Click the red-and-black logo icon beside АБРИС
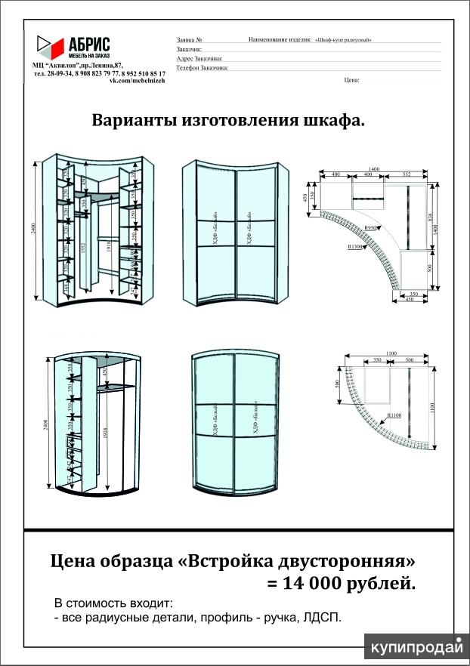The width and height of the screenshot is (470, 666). pos(51,47)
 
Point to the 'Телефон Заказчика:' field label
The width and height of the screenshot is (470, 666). pos(202,67)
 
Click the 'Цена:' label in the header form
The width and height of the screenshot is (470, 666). pos(351,79)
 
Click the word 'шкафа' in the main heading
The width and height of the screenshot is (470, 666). pos(332,121)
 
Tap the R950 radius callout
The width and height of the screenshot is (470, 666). pos(370,227)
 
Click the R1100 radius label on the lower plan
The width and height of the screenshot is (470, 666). pos(394,415)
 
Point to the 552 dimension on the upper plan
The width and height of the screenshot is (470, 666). pos(407,174)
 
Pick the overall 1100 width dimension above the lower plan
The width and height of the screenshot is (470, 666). pos(391,353)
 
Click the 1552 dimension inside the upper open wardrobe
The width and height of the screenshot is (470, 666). pos(83,248)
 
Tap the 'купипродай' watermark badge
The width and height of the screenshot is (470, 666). pos(415,647)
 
